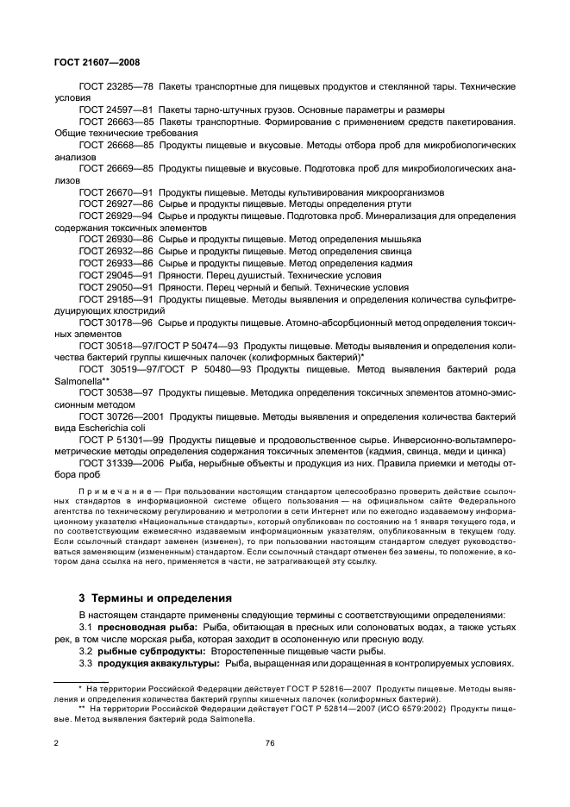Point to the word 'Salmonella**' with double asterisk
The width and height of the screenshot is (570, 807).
pos(78,380)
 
